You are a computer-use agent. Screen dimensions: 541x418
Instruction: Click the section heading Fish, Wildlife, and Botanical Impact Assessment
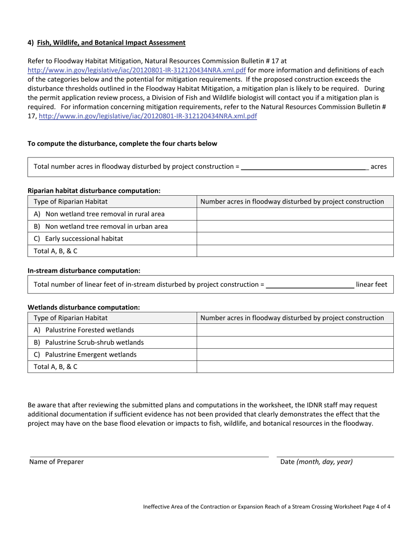click(x=111, y=43)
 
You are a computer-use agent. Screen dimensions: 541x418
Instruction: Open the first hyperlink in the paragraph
click(x=136, y=70)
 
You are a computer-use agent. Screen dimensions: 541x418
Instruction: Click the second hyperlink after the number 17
click(x=148, y=116)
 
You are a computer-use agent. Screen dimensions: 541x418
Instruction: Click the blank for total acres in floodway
click(x=304, y=167)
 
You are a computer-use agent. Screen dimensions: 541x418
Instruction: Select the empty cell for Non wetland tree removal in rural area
click(x=295, y=214)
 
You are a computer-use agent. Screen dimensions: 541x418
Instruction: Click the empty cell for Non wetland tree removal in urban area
click(x=295, y=227)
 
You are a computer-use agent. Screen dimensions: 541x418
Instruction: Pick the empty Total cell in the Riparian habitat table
click(x=295, y=251)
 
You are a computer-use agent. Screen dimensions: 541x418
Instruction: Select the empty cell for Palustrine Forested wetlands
click(x=295, y=330)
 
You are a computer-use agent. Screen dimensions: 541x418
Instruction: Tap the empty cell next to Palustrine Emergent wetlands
click(x=295, y=355)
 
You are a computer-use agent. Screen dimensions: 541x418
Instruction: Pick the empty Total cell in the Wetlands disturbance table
click(x=295, y=367)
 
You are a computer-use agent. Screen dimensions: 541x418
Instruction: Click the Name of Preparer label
click(x=56, y=462)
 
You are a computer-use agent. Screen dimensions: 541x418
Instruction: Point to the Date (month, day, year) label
click(x=316, y=462)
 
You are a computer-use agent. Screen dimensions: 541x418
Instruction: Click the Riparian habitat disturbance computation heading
click(x=94, y=191)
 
